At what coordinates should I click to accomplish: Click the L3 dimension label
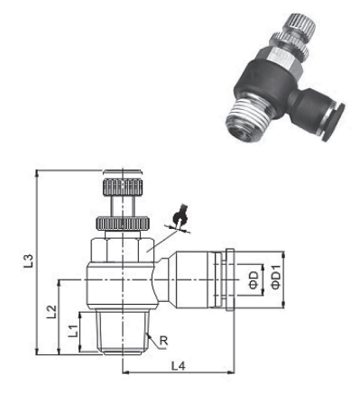click(29, 261)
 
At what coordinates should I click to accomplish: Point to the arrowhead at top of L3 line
click(37, 170)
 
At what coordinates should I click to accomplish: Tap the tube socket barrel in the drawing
click(198, 279)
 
